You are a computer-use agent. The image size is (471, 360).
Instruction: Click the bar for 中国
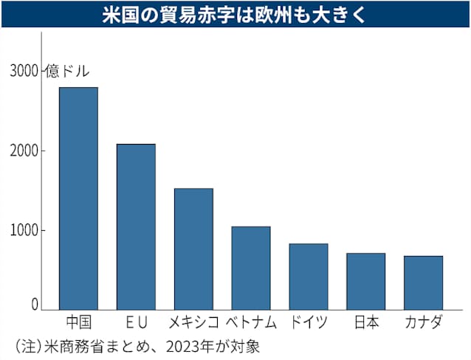(78, 198)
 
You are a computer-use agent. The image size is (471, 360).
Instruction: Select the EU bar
(136, 227)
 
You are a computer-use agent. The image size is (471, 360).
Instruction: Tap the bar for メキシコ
(193, 249)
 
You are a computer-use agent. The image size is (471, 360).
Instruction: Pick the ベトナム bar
(251, 268)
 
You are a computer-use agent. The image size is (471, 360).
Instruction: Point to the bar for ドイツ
(309, 277)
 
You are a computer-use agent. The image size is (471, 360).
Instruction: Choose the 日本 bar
(366, 282)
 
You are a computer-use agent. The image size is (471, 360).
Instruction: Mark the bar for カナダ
(423, 283)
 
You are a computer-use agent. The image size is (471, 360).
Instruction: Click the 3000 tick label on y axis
(24, 72)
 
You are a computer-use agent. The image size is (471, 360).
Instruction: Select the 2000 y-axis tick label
(24, 151)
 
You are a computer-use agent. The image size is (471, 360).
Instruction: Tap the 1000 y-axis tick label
(24, 231)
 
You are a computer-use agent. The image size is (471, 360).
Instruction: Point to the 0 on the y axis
(35, 305)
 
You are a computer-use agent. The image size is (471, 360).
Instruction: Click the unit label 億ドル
(67, 72)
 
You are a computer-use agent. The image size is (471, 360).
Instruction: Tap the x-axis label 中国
(79, 322)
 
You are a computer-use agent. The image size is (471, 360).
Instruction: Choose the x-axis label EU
(137, 322)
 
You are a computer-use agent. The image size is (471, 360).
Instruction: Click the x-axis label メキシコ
(193, 322)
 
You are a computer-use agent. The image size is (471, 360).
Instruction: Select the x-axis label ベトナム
(251, 322)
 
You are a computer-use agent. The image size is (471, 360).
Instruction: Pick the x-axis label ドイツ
(309, 322)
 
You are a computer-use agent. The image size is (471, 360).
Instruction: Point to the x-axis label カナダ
(424, 322)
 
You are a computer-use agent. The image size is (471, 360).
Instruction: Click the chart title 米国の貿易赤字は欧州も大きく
(234, 14)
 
